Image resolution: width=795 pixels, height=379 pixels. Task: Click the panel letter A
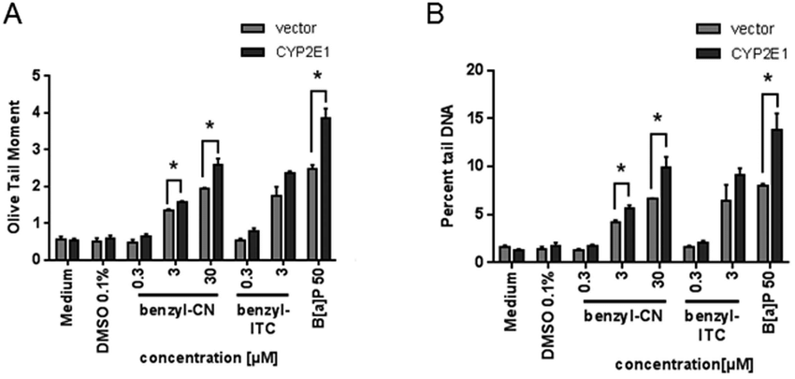click(12, 16)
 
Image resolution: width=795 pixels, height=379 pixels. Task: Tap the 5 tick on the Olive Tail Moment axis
click(36, 75)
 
